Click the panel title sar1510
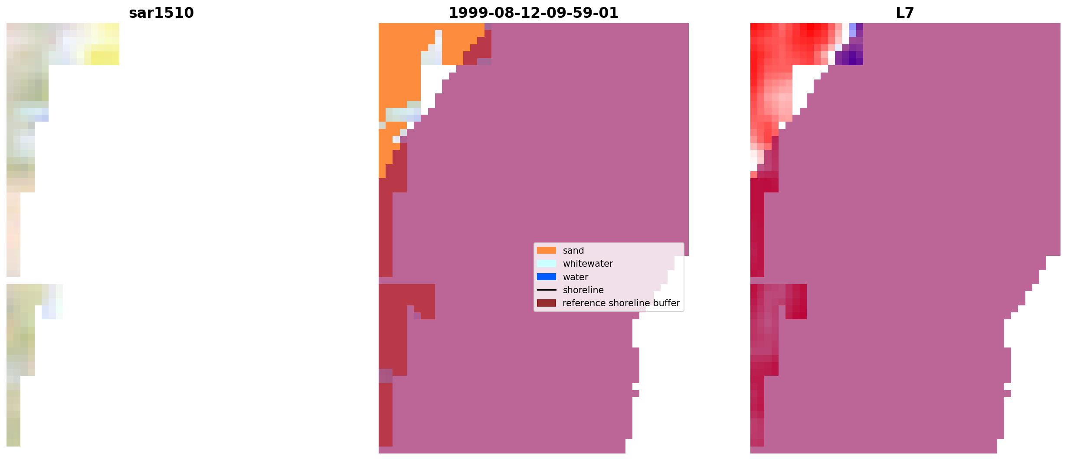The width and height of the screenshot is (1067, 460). click(161, 13)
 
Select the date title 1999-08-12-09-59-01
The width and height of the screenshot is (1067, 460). click(533, 13)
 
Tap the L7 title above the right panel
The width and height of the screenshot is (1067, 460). click(905, 13)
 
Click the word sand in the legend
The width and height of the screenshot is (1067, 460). click(573, 251)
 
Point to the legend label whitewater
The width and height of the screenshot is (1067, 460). click(588, 264)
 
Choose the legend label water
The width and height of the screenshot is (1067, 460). click(575, 277)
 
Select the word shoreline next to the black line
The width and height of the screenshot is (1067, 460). click(583, 290)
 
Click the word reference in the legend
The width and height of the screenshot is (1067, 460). click(583, 303)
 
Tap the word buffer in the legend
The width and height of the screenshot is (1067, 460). click(666, 303)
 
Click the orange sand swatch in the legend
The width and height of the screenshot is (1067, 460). click(546, 250)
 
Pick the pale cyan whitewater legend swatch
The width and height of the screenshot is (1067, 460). click(546, 264)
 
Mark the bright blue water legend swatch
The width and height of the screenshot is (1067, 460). click(546, 277)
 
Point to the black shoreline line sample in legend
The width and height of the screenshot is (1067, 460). click(546, 290)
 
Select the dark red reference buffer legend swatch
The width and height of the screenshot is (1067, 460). click(546, 303)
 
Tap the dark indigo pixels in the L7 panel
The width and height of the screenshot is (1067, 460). click(852, 57)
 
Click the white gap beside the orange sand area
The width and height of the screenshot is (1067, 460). click(432, 85)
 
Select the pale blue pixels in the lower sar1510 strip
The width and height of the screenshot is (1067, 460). click(49, 312)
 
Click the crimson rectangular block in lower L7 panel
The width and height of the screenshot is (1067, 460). click(796, 301)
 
